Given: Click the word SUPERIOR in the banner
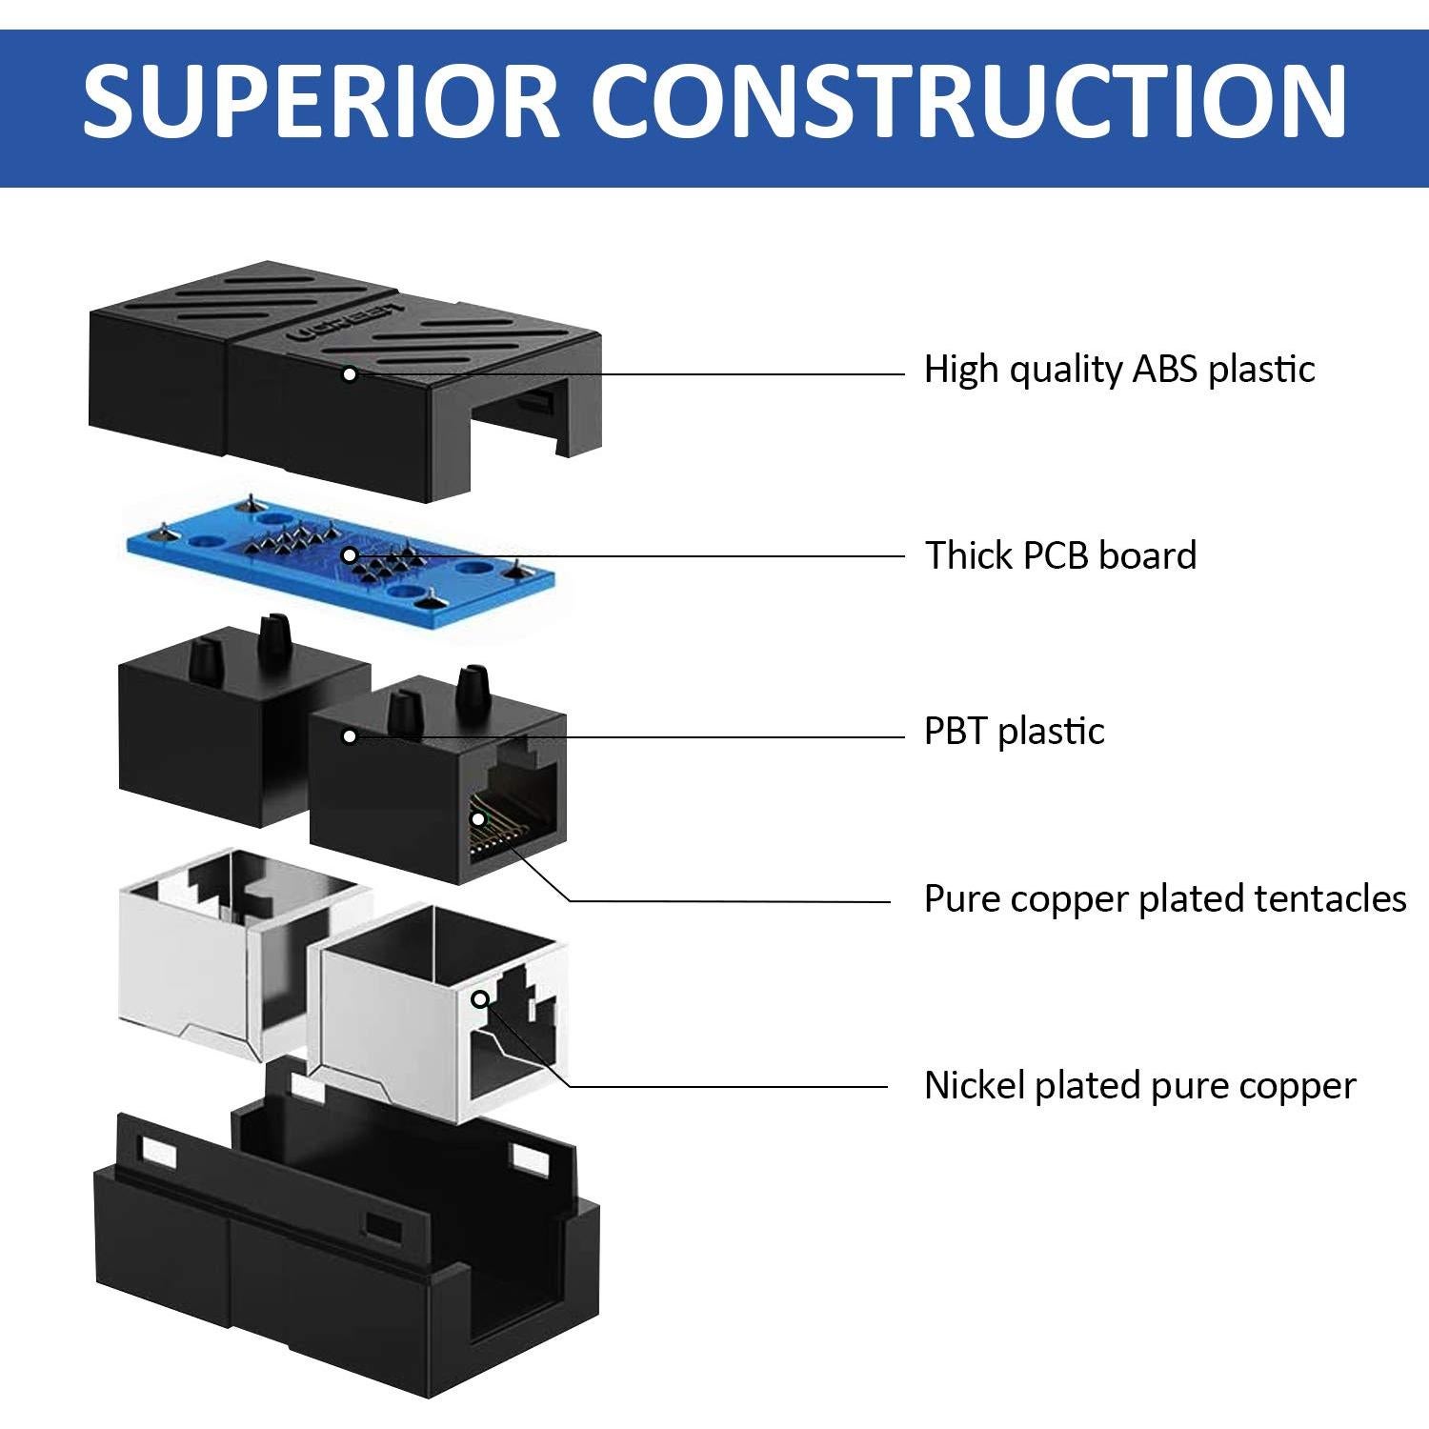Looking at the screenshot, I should pyautogui.click(x=320, y=101).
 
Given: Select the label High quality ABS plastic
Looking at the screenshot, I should pyautogui.click(x=1118, y=370).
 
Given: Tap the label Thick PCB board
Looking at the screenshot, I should pyautogui.click(x=1060, y=555).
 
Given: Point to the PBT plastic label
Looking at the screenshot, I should pyautogui.click(x=1014, y=732).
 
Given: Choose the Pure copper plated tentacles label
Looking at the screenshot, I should pyautogui.click(x=1164, y=899).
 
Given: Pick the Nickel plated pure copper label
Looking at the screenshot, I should pyautogui.click(x=1139, y=1086).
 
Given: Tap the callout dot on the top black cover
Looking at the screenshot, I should pyautogui.click(x=350, y=374).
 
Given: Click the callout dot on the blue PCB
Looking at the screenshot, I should pyautogui.click(x=350, y=554).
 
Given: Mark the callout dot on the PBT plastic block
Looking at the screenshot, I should pyautogui.click(x=350, y=736).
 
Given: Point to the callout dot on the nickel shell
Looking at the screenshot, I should pyautogui.click(x=481, y=998).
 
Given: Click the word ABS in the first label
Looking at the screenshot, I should pyautogui.click(x=1164, y=370).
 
